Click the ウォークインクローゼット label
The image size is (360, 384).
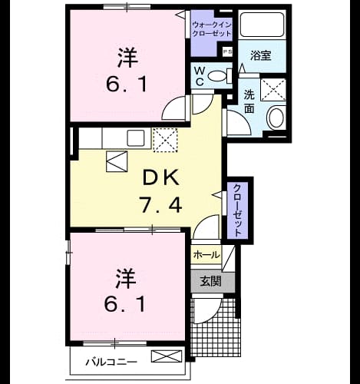[x=212, y=29]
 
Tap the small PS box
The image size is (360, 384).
[x=227, y=52]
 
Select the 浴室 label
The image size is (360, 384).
[x=260, y=55]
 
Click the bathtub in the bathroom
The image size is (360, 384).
[x=263, y=25]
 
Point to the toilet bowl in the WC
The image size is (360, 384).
[x=217, y=76]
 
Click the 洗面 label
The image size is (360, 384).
[x=249, y=101]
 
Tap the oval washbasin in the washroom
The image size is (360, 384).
[x=276, y=118]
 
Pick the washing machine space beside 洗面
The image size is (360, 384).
[x=273, y=90]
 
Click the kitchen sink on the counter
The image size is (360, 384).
[x=136, y=138]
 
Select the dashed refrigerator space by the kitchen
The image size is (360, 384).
[x=165, y=141]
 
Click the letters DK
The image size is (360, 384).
[x=160, y=178]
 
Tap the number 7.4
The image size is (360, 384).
[x=160, y=204]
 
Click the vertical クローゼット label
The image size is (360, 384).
[x=237, y=210]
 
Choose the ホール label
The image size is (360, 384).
[x=206, y=255]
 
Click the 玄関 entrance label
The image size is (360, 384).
[x=210, y=282]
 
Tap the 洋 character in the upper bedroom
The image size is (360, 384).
[x=127, y=58]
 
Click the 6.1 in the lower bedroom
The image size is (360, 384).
[x=125, y=303]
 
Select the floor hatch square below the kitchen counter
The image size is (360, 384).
[x=117, y=161]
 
